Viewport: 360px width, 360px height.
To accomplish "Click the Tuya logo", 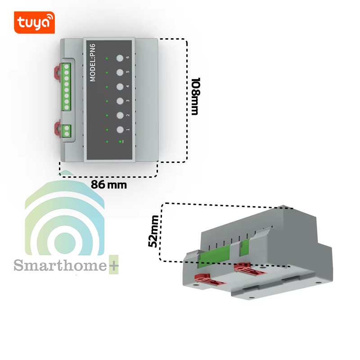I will (x=35, y=22).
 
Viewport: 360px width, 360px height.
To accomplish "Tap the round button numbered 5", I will (x=120, y=72).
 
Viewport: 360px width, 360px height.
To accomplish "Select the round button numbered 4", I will (x=120, y=87).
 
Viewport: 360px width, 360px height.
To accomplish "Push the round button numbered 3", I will (x=120, y=101).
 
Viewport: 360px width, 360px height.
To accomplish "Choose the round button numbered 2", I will (x=120, y=116).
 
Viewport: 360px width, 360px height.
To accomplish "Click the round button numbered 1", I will (x=120, y=130).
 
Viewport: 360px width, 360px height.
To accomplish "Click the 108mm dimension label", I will (x=195, y=96).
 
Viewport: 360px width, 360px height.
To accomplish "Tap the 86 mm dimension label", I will (x=109, y=184).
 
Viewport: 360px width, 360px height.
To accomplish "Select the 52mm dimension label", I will (x=153, y=231).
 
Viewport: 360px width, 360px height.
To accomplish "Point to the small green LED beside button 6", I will (x=107, y=58).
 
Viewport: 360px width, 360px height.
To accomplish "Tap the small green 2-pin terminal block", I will (x=67, y=130).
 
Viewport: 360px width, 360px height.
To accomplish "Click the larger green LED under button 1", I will (x=120, y=141).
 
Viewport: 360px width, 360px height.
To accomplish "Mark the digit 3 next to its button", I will (x=128, y=101).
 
